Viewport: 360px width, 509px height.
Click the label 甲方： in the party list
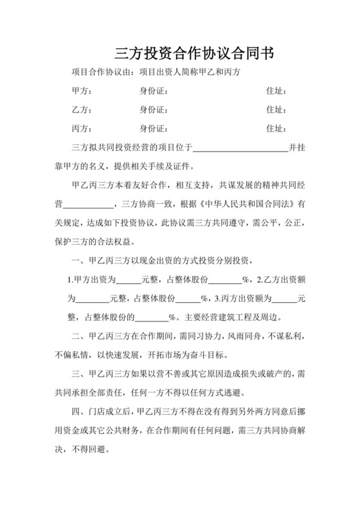coord(82,91)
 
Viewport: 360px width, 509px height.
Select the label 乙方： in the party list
coord(82,110)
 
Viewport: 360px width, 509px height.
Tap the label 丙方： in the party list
coord(82,129)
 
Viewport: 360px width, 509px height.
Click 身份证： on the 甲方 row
coord(153,91)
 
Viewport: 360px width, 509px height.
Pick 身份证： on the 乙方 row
coord(153,110)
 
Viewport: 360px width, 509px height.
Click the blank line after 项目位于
coord(240,149)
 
